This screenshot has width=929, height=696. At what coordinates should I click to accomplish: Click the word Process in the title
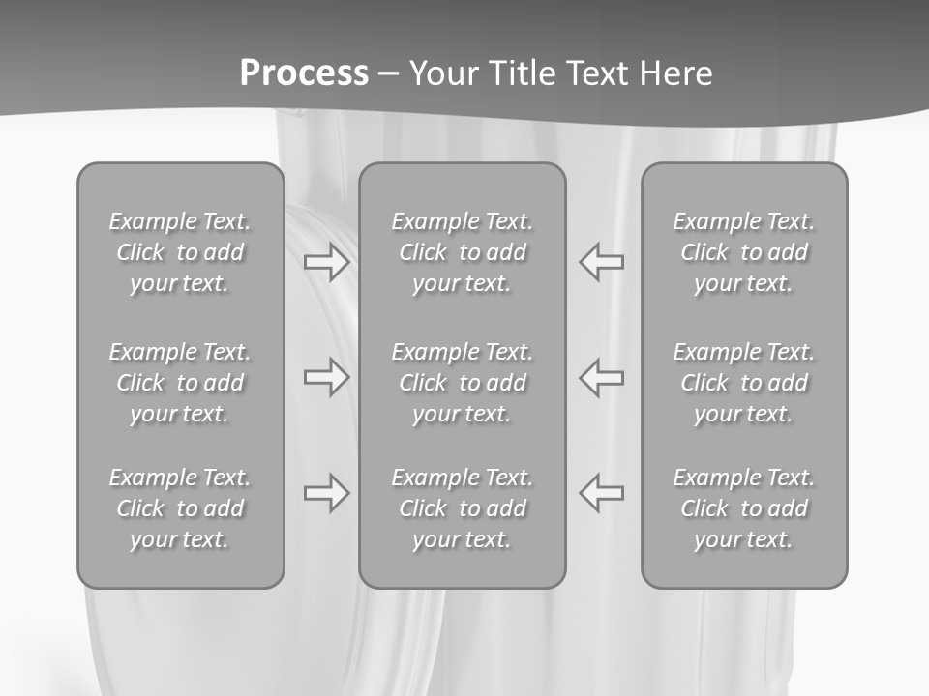coord(304,73)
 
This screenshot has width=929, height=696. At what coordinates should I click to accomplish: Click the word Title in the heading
coord(518,73)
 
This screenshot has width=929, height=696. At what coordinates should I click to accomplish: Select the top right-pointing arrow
coord(326,262)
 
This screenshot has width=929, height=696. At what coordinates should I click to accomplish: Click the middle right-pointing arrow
coord(326,377)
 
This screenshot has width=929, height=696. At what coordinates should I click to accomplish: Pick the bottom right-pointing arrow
coord(326,493)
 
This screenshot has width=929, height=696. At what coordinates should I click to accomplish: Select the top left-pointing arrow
coord(602,262)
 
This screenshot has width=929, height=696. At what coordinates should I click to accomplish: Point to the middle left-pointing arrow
coord(602,377)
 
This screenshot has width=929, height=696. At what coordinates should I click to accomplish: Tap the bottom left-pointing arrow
coord(602,493)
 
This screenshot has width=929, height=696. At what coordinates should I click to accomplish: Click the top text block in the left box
coord(180,252)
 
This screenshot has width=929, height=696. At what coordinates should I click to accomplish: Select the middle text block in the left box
coord(180,383)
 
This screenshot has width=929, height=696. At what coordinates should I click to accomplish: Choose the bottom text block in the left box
coord(180,508)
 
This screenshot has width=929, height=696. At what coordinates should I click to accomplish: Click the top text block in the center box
coord(462,252)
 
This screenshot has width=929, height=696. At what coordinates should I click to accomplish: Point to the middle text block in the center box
coord(462,383)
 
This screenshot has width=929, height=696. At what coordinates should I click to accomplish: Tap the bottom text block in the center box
coord(462,508)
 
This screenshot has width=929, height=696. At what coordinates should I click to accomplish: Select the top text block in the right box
coord(744,252)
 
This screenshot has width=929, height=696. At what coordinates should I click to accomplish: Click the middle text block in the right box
coord(744,383)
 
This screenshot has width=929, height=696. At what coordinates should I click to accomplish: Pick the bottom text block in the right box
coord(744,508)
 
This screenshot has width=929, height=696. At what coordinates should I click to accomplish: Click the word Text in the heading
coord(595,73)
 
